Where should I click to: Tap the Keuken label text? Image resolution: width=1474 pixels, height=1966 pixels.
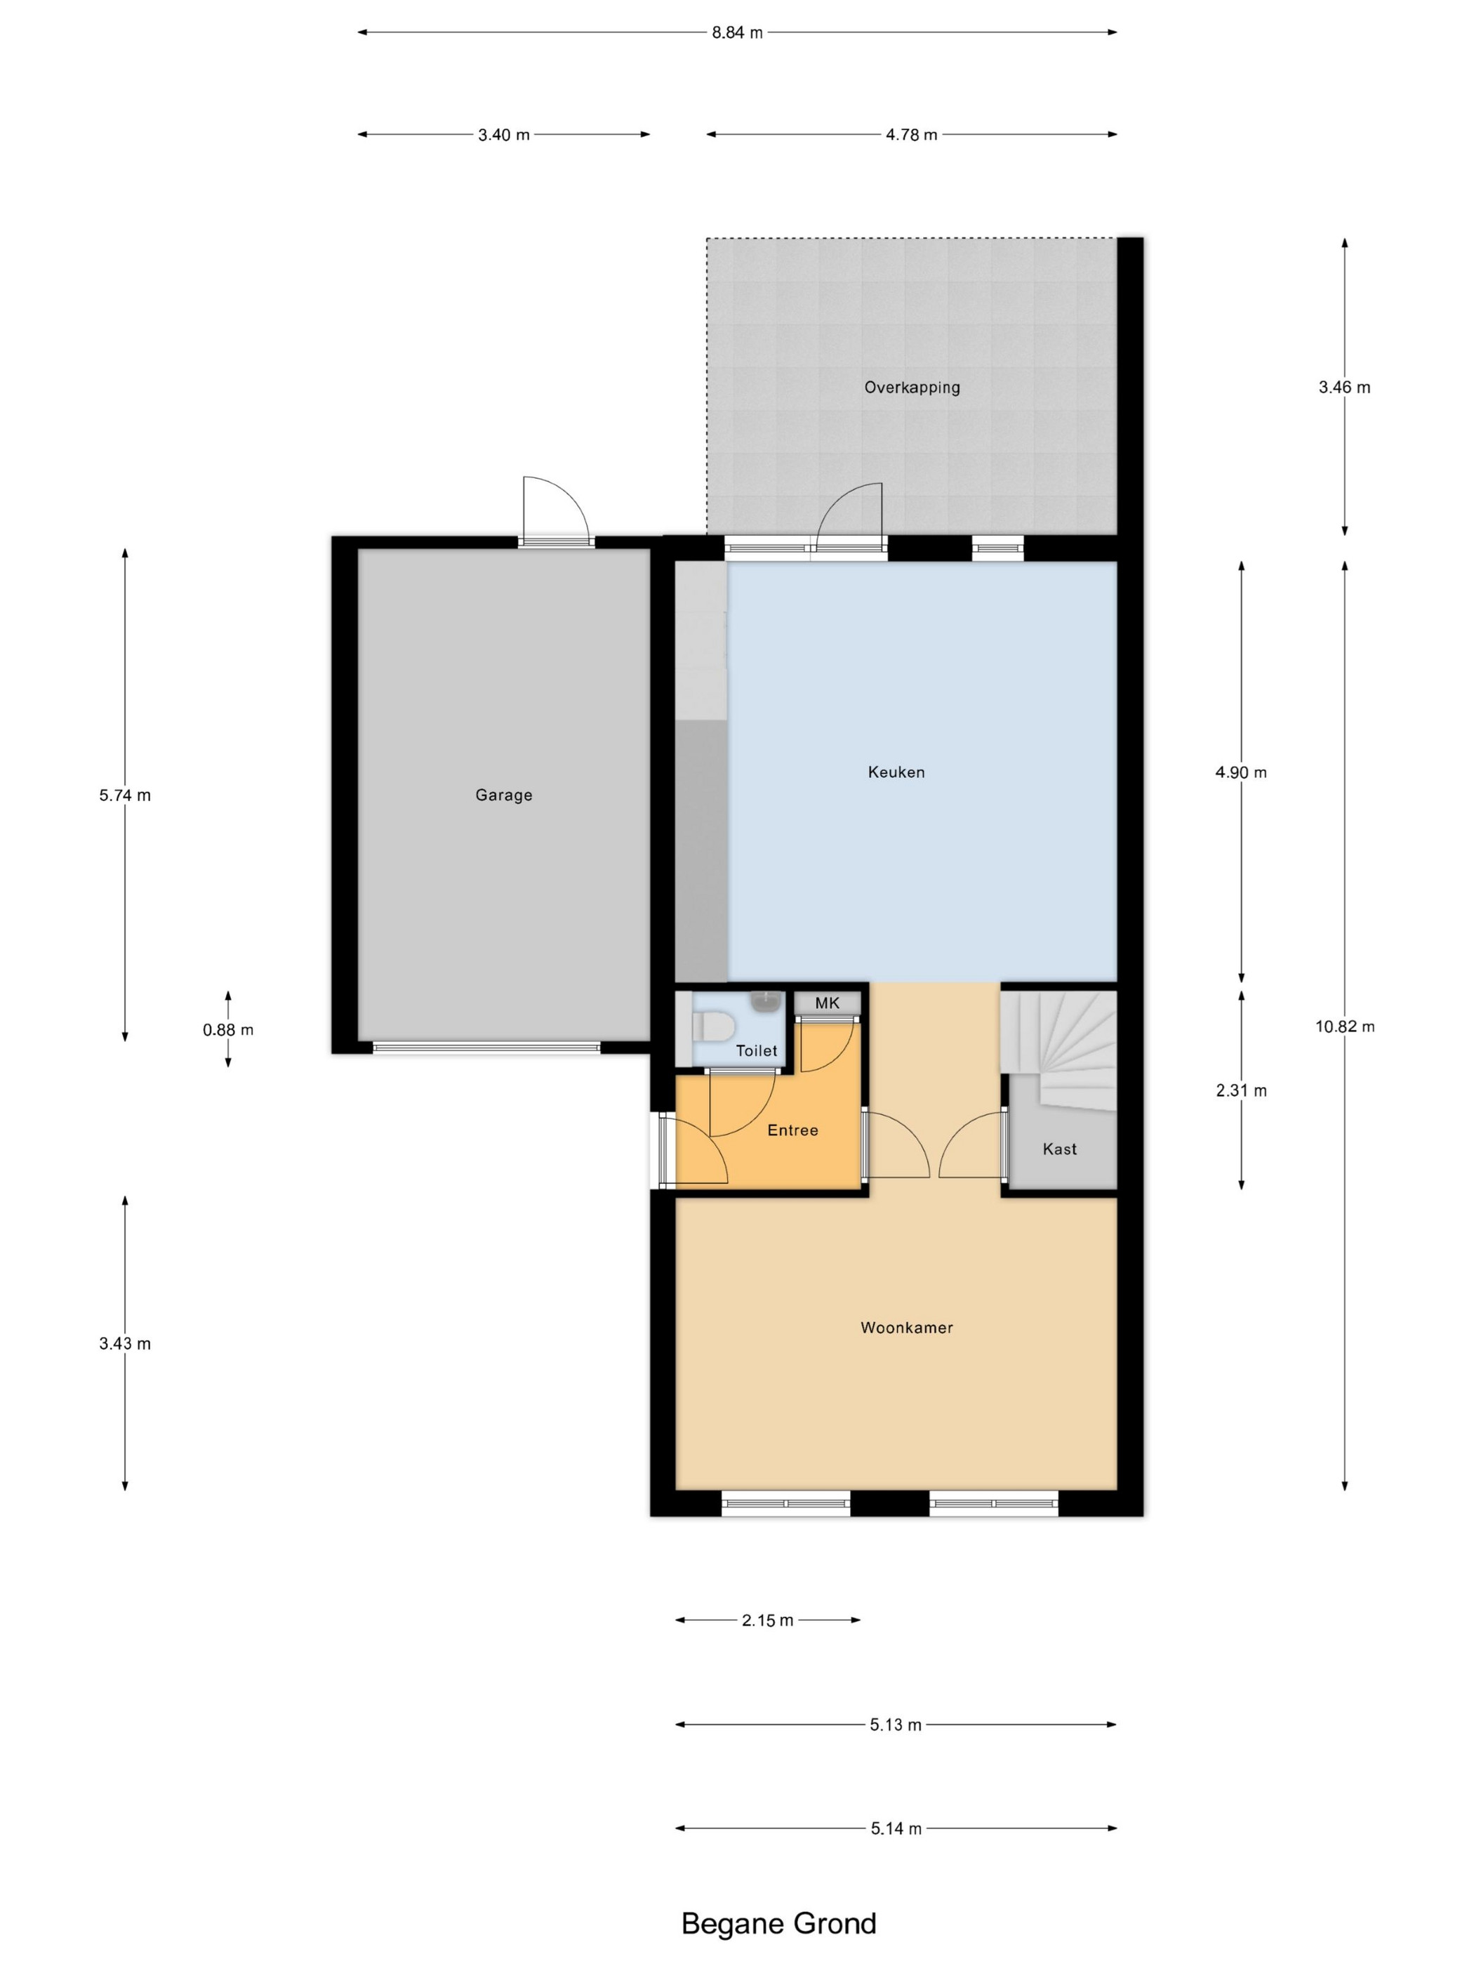click(x=896, y=772)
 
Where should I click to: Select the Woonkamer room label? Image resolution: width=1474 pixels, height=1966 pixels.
click(x=906, y=1327)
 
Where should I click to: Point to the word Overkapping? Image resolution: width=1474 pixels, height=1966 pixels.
click(x=912, y=387)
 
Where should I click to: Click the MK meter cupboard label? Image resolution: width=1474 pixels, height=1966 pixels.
click(x=826, y=1003)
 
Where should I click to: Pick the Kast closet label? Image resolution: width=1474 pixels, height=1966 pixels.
click(x=1059, y=1148)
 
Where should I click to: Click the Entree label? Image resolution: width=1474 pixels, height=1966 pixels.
click(x=792, y=1130)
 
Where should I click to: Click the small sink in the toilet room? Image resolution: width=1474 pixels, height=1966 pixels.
click(x=764, y=1002)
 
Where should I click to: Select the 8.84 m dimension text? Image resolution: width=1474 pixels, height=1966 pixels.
click(x=736, y=33)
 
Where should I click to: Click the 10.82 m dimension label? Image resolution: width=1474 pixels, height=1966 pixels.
click(x=1344, y=1027)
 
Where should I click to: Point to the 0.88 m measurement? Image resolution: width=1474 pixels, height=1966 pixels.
click(x=228, y=1030)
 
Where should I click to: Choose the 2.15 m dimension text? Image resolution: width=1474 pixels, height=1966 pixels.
click(x=768, y=1621)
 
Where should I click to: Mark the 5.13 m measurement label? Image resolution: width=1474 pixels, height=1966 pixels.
click(x=896, y=1724)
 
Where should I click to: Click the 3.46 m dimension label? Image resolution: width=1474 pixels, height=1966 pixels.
click(x=1344, y=387)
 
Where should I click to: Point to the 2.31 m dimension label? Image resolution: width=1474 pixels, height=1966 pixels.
click(x=1241, y=1090)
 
